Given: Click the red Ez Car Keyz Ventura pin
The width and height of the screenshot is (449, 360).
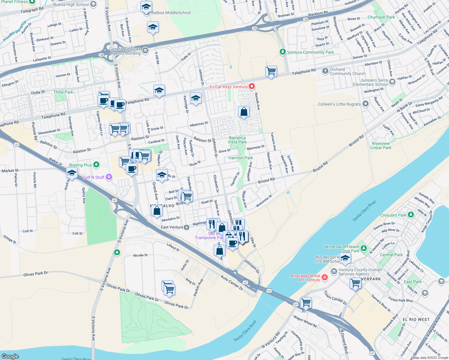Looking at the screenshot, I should pos(252,87).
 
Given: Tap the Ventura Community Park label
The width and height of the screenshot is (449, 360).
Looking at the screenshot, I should pos(310,52).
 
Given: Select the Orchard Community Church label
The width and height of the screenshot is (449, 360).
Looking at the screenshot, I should pos(348,71).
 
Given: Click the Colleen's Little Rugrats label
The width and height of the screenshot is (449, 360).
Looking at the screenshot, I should pos(339,104).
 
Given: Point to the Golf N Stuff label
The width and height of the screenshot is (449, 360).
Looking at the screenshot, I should pos(93,177).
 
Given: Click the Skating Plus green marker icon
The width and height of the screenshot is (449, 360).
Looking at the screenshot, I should pos(96,164).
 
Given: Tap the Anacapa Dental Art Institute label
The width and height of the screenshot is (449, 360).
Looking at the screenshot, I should pos(305,278).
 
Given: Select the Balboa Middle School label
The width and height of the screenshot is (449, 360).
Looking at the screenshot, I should pos(171,13).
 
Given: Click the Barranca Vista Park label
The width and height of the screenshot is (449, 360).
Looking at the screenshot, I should pos(237,140).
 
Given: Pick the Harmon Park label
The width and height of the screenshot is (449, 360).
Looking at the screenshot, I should pos(240,158).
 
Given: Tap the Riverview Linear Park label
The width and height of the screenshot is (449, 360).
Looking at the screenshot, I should pos(381,145).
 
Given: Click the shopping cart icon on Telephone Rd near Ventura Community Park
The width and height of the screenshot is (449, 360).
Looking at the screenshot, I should pos(271,71).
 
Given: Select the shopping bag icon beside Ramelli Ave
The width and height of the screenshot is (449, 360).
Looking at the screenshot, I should pos(244,112).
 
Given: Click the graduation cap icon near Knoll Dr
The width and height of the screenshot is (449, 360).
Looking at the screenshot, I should pos(72,173).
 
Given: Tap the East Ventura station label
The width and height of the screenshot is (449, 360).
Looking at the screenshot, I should pos(172,227).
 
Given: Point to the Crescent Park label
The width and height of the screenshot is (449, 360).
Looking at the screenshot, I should pos(393,215).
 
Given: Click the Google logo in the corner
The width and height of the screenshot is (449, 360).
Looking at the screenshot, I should pos(10,356).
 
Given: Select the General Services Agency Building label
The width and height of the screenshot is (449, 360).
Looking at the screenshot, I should pos(125,51).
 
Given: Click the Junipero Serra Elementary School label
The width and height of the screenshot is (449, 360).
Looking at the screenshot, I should pos(374,82).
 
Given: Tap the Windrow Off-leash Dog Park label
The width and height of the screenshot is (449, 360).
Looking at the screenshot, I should pos(342,249).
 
